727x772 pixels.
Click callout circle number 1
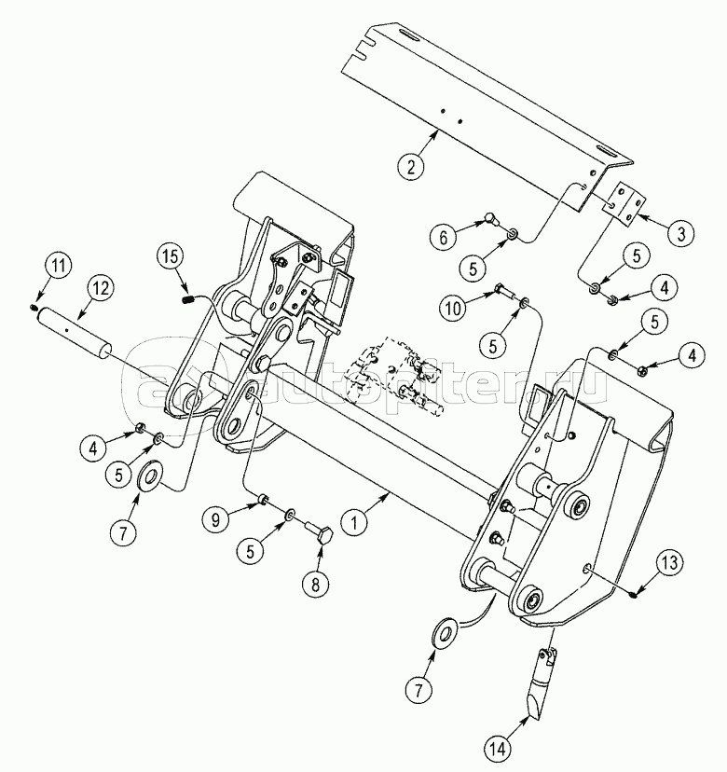coord(353,523)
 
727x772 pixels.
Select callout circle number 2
coord(411,165)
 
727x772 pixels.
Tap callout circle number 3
coord(680,233)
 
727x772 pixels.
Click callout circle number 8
coord(316,584)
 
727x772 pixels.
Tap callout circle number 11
coord(59,266)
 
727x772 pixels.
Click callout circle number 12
coord(100,288)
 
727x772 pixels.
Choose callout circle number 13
coord(670,563)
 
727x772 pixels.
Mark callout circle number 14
coord(498,749)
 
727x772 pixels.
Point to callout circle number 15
coord(171,257)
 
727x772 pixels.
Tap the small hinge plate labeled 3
coord(624,204)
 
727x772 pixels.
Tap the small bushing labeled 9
coord(264,501)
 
